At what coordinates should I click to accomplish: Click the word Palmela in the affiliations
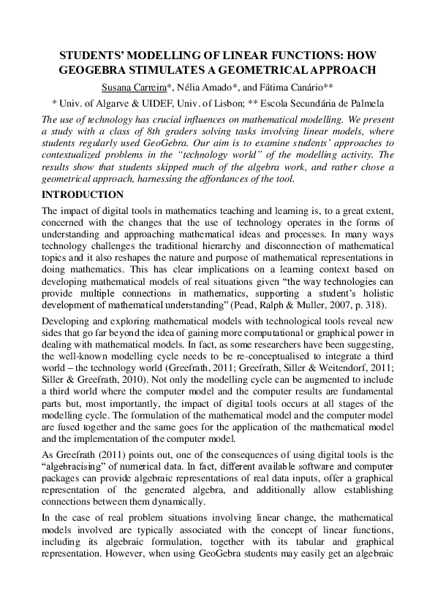click(363, 103)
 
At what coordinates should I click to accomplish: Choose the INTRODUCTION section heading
click(82, 196)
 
